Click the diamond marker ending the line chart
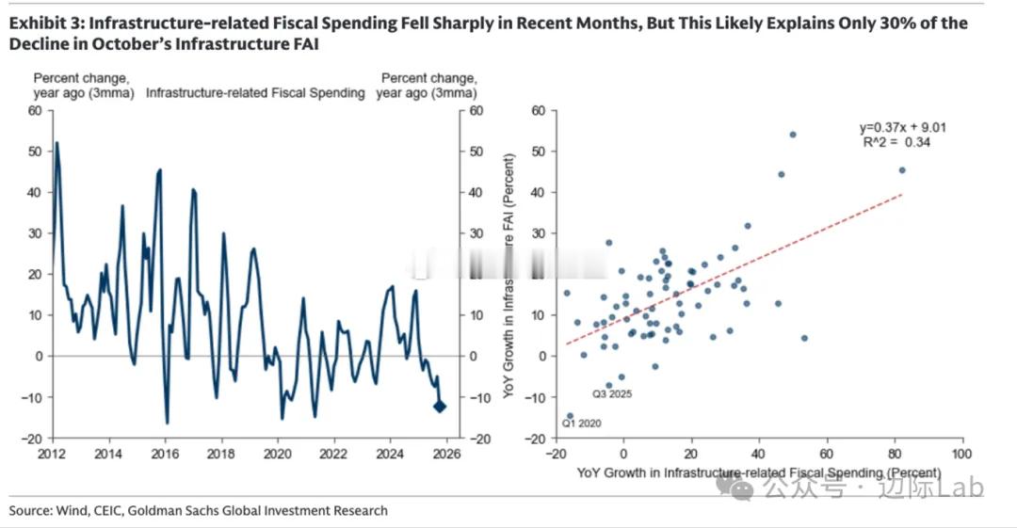[x=439, y=406]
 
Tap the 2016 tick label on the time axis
[x=165, y=453]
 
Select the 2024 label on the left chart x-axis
[x=389, y=453]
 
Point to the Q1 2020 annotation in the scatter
[x=582, y=424]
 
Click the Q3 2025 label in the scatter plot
[x=611, y=393]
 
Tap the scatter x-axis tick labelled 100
[x=961, y=453]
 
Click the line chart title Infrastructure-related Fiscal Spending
[x=255, y=93]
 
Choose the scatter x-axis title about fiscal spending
[x=758, y=472]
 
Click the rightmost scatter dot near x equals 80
[x=901, y=170]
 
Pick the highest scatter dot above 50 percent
[x=793, y=135]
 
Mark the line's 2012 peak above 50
[x=56, y=143]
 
